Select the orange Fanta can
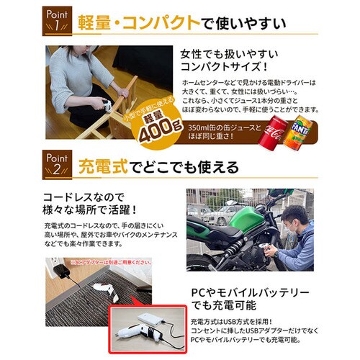click(x=298, y=132)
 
